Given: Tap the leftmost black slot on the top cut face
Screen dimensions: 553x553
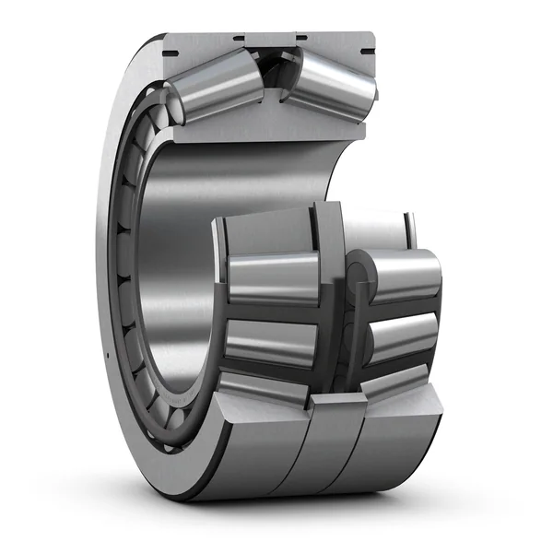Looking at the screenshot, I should tap(237, 38).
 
